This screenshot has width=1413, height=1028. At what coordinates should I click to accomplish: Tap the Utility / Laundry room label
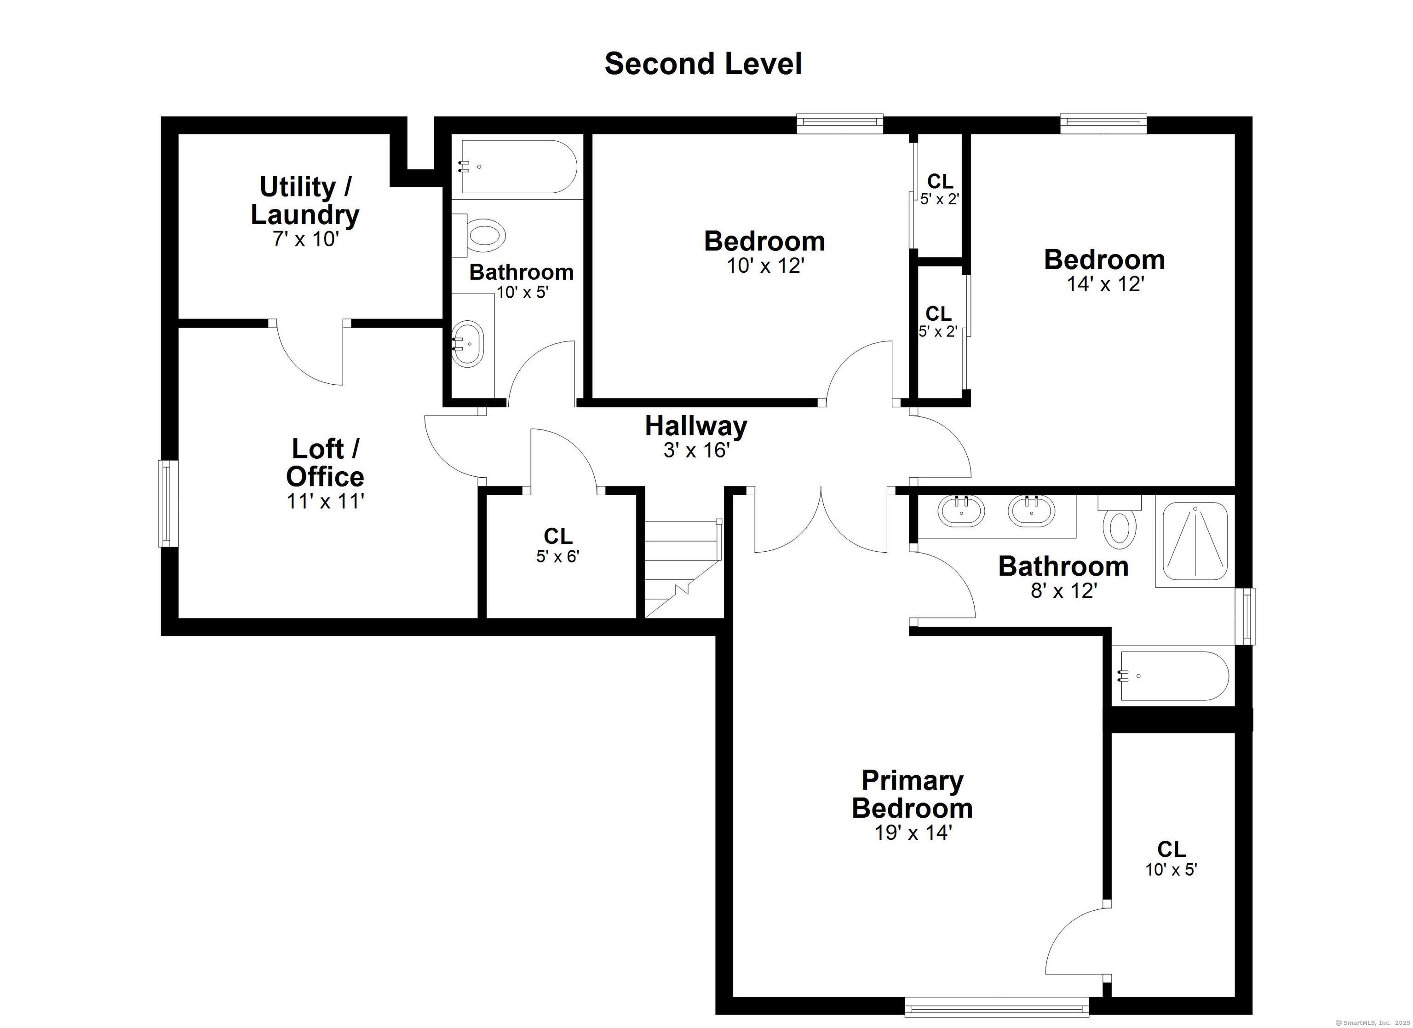[x=305, y=200]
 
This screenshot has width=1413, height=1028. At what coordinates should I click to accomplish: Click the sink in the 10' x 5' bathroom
[x=467, y=343]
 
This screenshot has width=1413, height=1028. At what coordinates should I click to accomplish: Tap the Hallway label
[x=696, y=426]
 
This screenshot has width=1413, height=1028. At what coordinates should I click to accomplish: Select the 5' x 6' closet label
[x=558, y=545]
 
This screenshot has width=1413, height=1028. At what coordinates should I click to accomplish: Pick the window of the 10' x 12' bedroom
[x=840, y=123]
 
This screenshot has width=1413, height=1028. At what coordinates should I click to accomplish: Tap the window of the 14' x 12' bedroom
[x=1104, y=123]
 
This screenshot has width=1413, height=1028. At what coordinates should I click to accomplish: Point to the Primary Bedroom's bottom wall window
[x=997, y=1007]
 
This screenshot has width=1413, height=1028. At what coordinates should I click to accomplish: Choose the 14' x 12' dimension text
[x=1106, y=284]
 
